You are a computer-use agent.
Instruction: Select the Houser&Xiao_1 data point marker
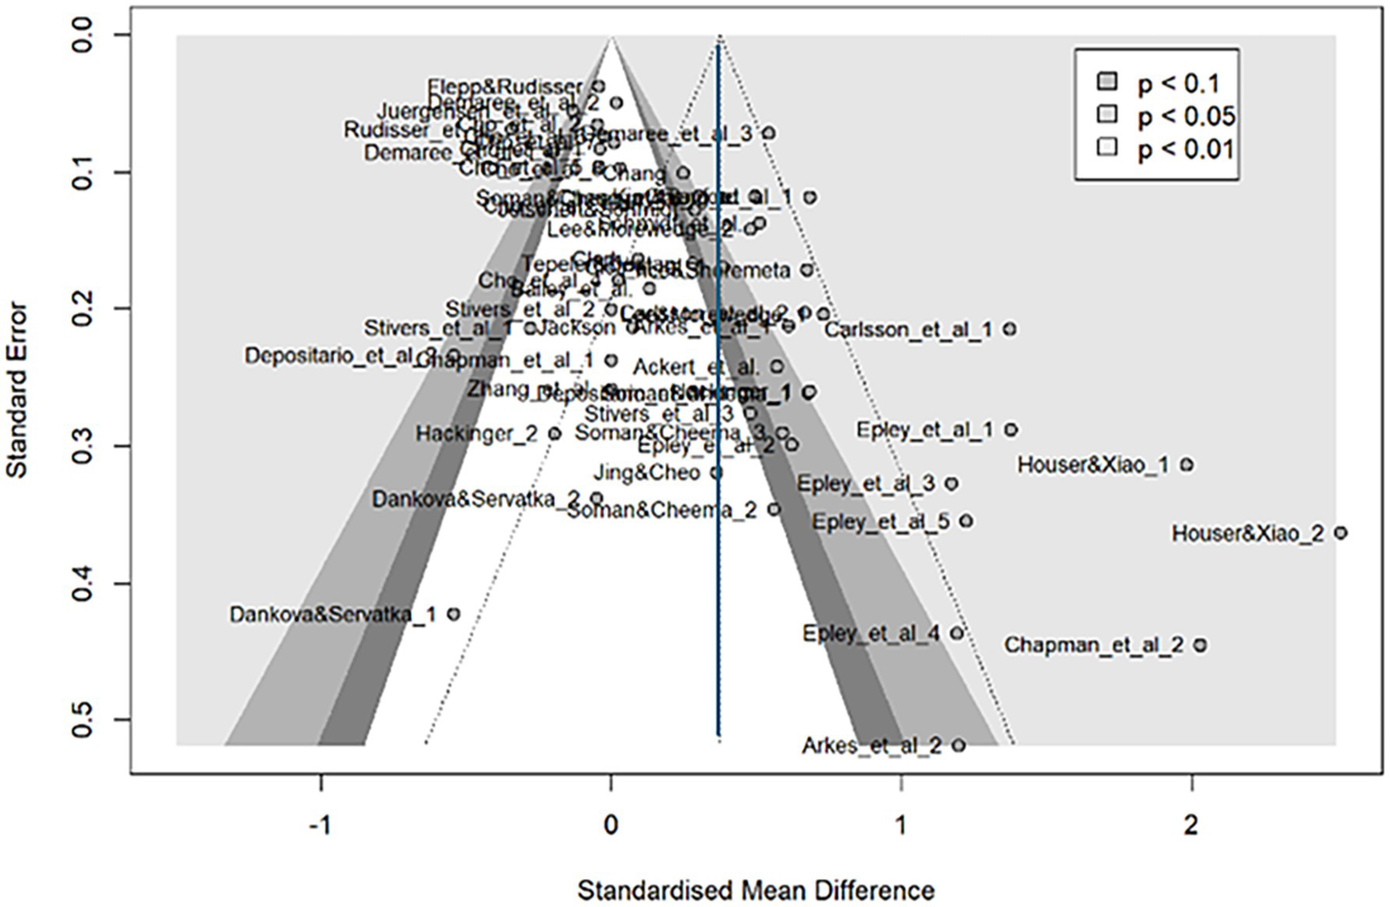(x=1186, y=465)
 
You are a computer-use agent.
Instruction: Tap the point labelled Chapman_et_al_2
(x=1200, y=645)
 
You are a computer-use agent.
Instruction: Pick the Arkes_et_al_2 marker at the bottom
(x=959, y=746)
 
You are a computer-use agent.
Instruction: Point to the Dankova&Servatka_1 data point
(x=454, y=615)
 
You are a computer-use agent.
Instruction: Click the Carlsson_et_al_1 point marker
(x=1010, y=329)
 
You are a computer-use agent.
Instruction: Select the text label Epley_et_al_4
(x=870, y=634)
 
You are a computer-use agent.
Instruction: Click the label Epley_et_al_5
(x=880, y=522)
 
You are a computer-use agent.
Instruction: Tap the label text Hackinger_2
(x=476, y=434)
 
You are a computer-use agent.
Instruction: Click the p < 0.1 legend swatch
(x=1107, y=82)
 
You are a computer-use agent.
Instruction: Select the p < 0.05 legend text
(x=1185, y=117)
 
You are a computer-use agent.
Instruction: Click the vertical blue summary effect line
(x=719, y=407)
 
